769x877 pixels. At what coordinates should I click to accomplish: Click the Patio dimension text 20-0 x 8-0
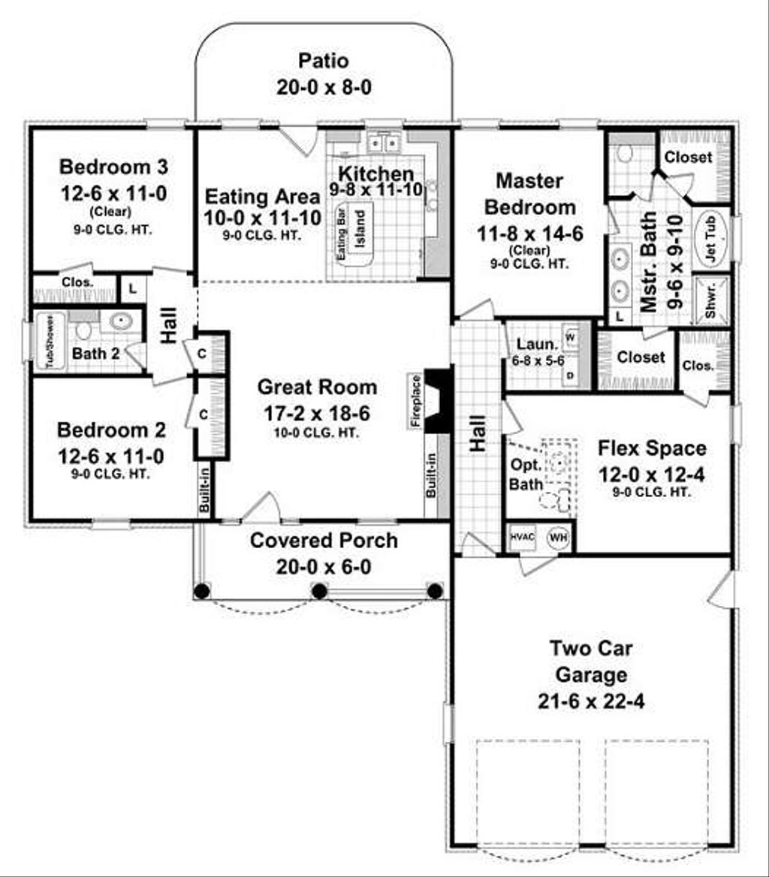point(324,87)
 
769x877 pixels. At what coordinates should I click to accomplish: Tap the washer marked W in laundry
point(568,337)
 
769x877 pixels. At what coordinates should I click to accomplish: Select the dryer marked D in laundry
point(568,373)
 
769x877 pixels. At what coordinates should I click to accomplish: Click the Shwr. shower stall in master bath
point(710,302)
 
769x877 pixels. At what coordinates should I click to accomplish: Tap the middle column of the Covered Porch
point(319,591)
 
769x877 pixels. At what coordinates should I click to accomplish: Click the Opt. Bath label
point(525,475)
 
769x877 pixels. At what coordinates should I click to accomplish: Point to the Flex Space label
point(652,448)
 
